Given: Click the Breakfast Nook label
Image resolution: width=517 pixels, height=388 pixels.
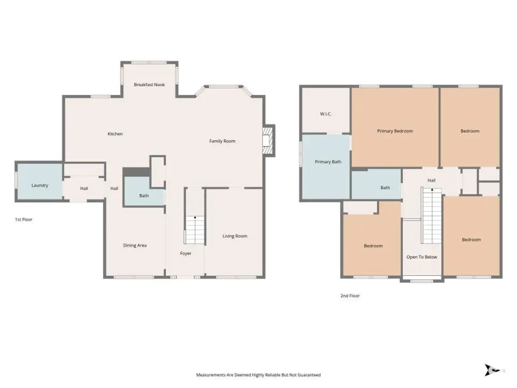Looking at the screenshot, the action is (149, 85).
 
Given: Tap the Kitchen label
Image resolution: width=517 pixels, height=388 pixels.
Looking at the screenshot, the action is (115, 134).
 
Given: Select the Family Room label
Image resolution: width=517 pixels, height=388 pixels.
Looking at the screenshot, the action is (222, 141).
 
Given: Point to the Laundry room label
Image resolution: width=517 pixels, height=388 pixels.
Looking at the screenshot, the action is (40, 185).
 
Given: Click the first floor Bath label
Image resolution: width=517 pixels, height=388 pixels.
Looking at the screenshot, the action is (144, 196).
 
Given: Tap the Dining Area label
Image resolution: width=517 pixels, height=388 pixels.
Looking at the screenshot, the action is (135, 246).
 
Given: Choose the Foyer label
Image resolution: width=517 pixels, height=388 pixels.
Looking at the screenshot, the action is (186, 253).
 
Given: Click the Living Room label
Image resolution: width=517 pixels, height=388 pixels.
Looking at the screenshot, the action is (235, 236).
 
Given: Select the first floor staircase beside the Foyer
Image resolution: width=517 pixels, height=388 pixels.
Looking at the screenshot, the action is (194, 230).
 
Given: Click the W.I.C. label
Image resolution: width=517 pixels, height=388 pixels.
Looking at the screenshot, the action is (326, 114).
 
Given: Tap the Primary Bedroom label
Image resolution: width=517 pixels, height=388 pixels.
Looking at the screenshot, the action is (395, 131).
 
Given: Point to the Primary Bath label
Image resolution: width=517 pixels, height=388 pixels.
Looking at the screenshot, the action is (328, 162).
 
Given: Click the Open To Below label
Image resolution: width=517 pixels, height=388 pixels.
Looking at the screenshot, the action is (422, 257).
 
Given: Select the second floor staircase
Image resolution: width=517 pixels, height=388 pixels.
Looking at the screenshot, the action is (431, 216).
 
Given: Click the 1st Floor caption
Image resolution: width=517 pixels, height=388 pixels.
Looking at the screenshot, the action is (24, 219).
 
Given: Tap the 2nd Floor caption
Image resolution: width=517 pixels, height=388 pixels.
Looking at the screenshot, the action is (350, 296).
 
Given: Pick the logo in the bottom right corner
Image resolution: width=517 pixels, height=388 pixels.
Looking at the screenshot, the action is (492, 370).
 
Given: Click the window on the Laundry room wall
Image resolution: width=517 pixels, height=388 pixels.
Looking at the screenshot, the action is (16, 181).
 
